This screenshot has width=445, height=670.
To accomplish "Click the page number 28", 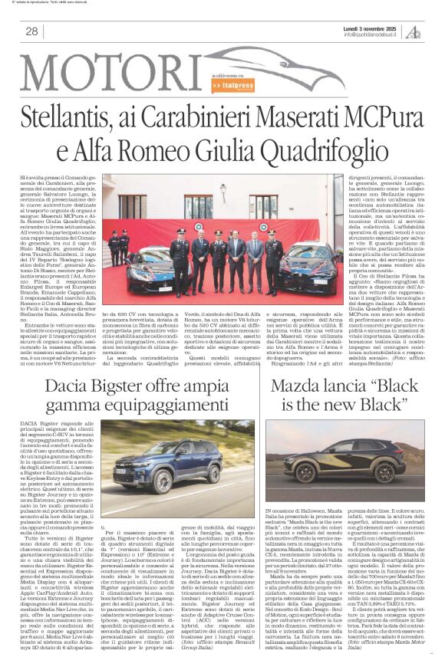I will click(31, 31).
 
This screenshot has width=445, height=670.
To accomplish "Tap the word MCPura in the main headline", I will click(377, 119).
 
